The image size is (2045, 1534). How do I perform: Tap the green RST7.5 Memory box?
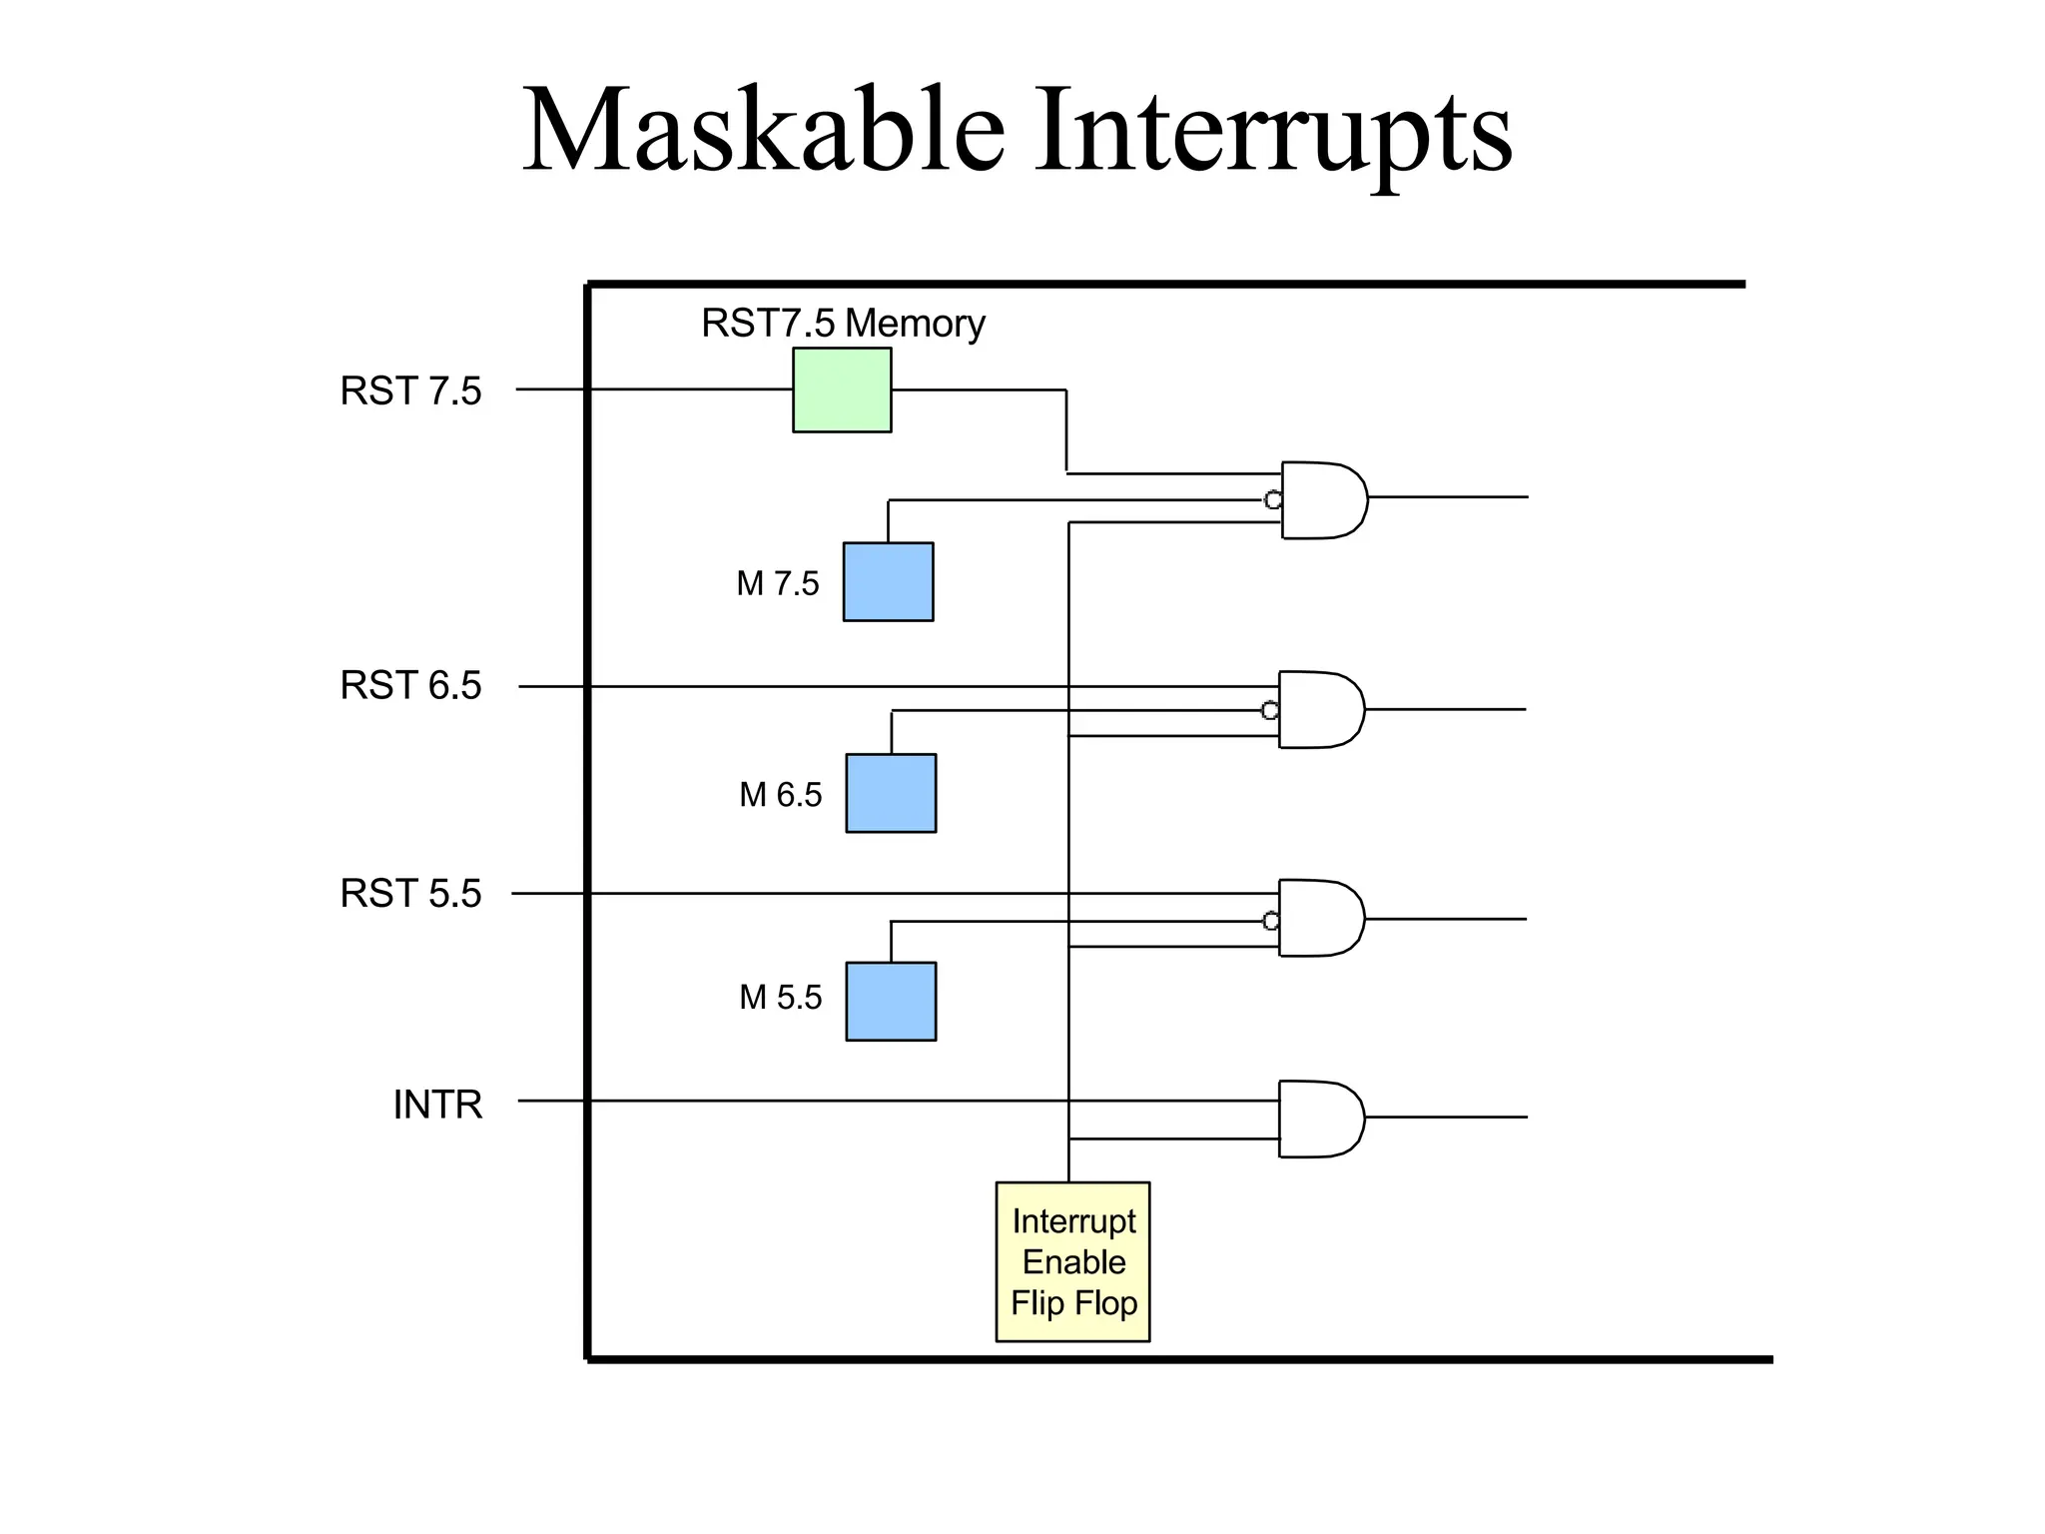click(842, 390)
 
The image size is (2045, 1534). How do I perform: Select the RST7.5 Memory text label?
click(843, 324)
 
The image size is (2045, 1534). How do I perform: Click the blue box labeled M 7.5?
click(888, 582)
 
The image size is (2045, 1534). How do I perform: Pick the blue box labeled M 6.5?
click(891, 793)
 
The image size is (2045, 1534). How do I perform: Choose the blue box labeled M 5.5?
click(891, 1002)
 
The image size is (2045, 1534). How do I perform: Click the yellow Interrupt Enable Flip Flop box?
click(1073, 1261)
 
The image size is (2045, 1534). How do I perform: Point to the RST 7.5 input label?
click(410, 391)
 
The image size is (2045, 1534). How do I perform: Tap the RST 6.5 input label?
click(410, 686)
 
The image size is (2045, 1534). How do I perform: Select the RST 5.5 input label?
click(410, 894)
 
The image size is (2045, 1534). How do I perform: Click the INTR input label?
click(437, 1105)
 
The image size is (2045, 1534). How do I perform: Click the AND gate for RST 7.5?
click(1322, 500)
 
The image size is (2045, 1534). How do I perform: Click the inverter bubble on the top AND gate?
click(1273, 500)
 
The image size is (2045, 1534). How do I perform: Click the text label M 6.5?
click(780, 795)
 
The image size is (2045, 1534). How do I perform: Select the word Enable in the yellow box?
click(1073, 1262)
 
